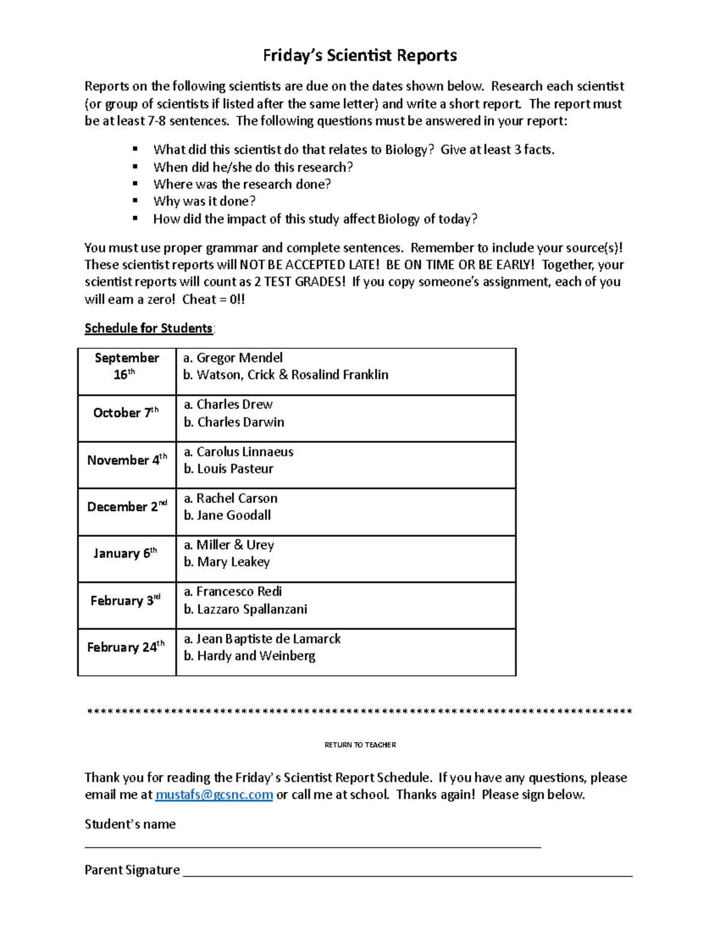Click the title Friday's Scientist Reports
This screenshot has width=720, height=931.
[360, 56]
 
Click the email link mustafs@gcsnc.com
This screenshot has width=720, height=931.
[214, 795]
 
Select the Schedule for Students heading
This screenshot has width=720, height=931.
[148, 329]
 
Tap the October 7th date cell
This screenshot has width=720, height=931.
[126, 413]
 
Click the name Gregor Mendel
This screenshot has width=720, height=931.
[239, 358]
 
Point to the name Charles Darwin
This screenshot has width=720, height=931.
[241, 422]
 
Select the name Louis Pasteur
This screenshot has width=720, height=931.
[235, 469]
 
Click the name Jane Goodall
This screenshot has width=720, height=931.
[233, 516]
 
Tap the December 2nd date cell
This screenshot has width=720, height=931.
[127, 507]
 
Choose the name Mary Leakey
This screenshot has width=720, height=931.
[233, 562]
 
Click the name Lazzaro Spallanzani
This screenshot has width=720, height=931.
[251, 609]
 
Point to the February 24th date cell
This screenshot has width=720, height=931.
[126, 647]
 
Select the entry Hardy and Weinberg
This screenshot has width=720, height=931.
[256, 656]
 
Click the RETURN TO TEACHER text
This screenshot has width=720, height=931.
[360, 745]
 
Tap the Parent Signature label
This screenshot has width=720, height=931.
[132, 870]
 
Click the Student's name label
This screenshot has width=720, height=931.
[130, 824]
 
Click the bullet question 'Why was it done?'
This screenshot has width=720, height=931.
[204, 201]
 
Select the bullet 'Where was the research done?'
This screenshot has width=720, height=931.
[242, 185]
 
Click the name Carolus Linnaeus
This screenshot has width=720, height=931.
[245, 452]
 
